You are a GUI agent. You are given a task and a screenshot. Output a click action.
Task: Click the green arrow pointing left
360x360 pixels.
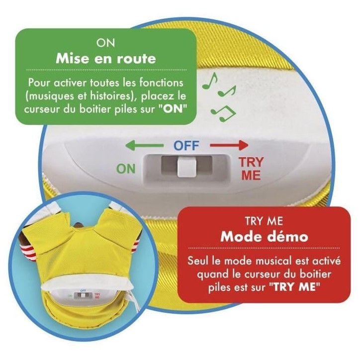pos(144,145)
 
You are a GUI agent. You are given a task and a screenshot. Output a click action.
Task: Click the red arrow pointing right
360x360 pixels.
pos(229,145)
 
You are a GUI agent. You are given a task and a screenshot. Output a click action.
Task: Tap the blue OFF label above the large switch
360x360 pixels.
pos(186,145)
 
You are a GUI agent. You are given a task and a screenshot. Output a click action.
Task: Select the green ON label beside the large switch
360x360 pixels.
pos(126,169)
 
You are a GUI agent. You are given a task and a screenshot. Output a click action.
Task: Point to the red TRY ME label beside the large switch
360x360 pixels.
pos(251,169)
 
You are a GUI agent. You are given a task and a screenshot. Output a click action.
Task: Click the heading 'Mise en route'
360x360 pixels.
pos(106,59)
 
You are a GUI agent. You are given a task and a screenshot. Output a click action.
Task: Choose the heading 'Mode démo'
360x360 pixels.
pos(264,237)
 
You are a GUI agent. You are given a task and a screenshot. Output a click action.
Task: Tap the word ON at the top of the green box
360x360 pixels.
pos(105,43)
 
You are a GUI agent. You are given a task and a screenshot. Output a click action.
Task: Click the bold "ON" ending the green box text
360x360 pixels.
pos(174,109)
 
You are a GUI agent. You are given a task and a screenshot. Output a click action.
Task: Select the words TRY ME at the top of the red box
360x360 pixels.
pos(264,221)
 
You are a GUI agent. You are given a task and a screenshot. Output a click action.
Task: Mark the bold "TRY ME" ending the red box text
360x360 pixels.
pos(294,287)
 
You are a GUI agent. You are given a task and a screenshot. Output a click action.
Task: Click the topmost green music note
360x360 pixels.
pos(210,81)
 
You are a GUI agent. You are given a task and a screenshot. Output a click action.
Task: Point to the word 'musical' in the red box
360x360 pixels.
pos(271,261)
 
